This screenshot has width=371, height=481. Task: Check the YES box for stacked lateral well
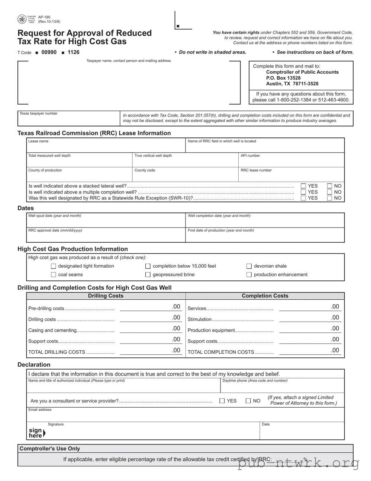(x=303, y=186)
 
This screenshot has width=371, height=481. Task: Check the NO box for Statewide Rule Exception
(x=329, y=198)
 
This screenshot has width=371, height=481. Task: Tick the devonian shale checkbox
(x=249, y=266)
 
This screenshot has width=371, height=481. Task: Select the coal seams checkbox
(x=54, y=275)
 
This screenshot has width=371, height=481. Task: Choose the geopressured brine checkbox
(x=148, y=275)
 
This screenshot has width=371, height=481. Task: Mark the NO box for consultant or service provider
(x=248, y=401)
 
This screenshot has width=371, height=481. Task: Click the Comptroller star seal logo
(x=22, y=19)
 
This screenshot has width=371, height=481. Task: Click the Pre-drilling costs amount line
(x=150, y=307)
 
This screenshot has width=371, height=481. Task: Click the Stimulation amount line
(x=309, y=318)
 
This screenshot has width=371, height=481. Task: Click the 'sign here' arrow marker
(x=44, y=433)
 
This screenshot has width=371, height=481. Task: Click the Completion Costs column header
(x=265, y=296)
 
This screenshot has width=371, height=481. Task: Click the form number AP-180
(x=44, y=17)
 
